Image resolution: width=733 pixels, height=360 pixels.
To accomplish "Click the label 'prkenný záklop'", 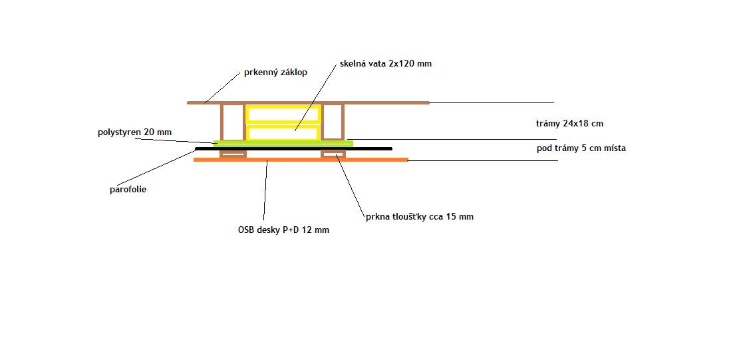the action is pos(276,73).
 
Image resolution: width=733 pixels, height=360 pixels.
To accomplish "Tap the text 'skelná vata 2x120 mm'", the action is pos(386,64).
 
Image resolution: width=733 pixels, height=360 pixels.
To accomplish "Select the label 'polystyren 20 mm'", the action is pos(134,132).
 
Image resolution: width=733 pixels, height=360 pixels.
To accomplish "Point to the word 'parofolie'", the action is pos(128,190).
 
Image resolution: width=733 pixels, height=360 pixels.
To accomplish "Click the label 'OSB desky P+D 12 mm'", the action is pos(284,230).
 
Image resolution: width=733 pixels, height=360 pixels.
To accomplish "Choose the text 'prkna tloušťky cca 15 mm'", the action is pos(420,216).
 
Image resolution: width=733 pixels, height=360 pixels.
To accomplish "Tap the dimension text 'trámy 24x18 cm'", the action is pos(569,124).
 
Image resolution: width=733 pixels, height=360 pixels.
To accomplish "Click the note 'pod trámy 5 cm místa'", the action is pos(581,148).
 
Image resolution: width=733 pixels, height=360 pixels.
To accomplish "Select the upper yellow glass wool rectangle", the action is pos(284,114).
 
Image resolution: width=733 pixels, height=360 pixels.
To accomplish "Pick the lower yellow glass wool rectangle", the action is pos(284,133).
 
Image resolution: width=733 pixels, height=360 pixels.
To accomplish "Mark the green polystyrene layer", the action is pos(283,143).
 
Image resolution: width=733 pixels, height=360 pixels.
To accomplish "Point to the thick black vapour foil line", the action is pos(293,148).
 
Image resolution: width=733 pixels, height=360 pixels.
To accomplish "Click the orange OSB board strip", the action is pos(301,160).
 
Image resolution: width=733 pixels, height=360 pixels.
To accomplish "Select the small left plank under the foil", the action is pos(233,154).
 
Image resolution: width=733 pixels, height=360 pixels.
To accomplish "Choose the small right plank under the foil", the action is pos(333,154).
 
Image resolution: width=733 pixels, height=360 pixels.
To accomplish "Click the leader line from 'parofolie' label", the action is pos(157,168).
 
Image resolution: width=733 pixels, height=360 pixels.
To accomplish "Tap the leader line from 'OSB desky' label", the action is pos(265,191).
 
